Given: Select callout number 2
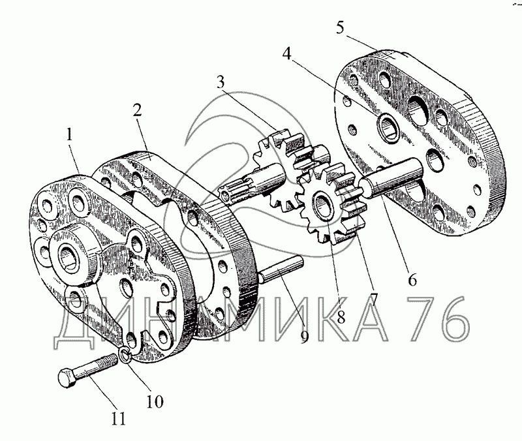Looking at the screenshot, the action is pyautogui.click(x=136, y=110).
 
